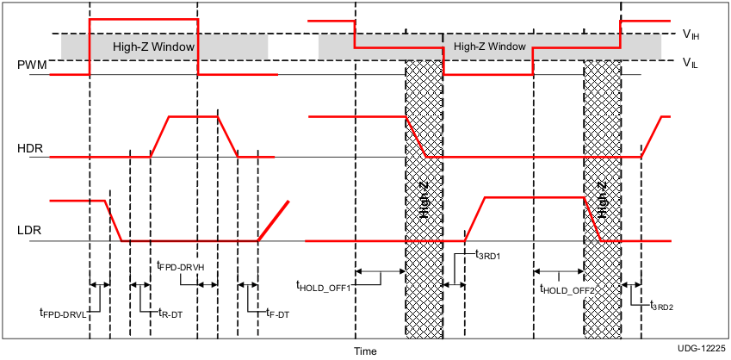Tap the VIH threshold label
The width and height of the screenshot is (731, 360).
[x=691, y=34]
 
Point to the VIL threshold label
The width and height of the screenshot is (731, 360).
[x=691, y=62]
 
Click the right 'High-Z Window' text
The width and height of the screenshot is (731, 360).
[x=489, y=47]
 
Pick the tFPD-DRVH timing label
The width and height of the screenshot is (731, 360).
[x=180, y=267]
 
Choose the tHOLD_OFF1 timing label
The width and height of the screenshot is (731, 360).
[x=323, y=286]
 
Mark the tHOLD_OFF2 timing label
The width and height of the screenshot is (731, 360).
[x=567, y=290]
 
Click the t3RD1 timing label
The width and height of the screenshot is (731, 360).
[x=488, y=255]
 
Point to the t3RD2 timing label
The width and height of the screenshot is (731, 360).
[x=660, y=304]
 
